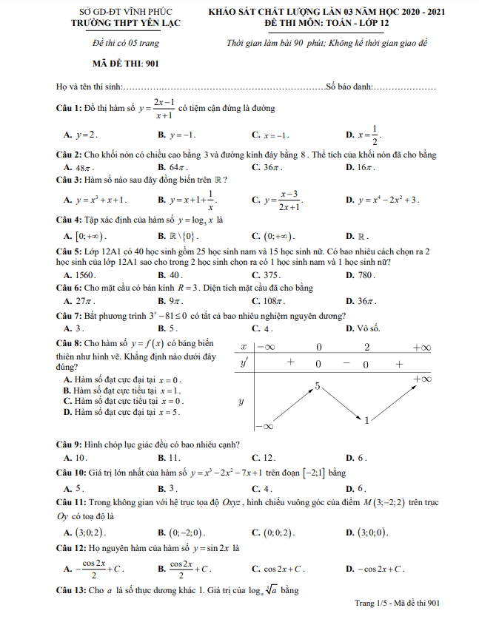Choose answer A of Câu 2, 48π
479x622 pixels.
tap(80, 168)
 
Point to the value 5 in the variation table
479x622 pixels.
tap(317, 386)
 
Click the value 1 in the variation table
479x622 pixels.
tap(366, 421)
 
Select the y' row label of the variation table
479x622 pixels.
tap(244, 364)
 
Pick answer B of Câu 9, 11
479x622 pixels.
tap(176, 458)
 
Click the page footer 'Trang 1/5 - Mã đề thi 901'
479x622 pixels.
tap(398, 604)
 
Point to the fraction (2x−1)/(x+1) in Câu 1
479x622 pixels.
tap(163, 109)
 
